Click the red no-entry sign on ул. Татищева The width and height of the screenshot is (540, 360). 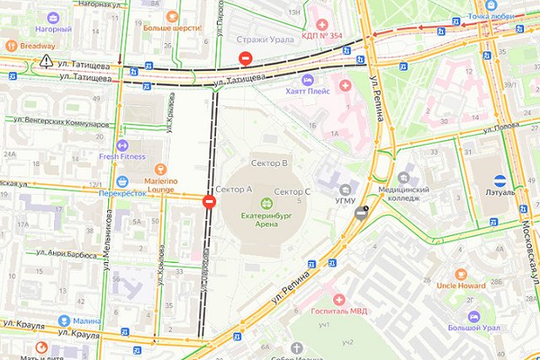point(245,58)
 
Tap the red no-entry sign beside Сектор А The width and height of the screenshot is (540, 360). point(208,201)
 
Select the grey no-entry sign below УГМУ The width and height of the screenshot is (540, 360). point(361,212)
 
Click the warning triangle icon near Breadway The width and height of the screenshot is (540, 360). point(44,62)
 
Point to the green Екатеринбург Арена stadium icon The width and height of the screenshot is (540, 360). point(267,201)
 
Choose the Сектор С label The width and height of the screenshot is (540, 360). point(293,192)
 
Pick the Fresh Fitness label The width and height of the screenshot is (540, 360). point(122,156)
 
